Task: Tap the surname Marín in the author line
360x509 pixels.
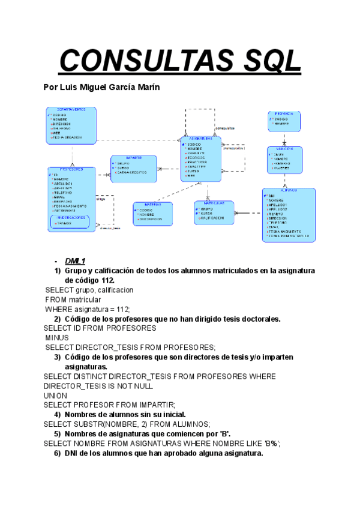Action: pos(148,88)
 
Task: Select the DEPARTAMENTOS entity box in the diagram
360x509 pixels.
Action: pos(71,125)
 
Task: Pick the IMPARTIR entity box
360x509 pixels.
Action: pos(133,169)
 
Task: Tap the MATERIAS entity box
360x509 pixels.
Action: pos(152,214)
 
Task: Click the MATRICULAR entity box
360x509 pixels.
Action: pos(213,212)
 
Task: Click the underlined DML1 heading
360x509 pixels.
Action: pos(76,261)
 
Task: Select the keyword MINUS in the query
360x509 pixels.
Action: pos(58,338)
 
